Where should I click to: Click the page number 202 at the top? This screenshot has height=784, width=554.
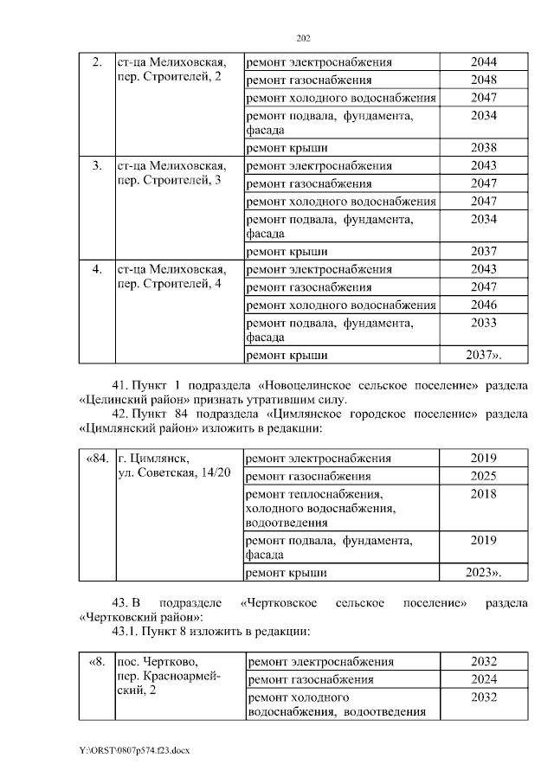point(302,38)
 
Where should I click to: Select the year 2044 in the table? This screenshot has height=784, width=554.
point(483,62)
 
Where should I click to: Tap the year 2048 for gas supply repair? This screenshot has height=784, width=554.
point(483,80)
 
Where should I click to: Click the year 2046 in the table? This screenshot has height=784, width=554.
point(483,305)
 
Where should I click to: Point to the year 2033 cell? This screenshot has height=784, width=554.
point(483,323)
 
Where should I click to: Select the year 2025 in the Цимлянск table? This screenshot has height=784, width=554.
point(483,476)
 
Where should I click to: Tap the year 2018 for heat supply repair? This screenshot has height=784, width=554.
point(483,493)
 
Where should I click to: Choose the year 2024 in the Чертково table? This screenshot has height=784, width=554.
point(483,679)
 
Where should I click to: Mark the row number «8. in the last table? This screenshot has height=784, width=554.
point(97,662)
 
